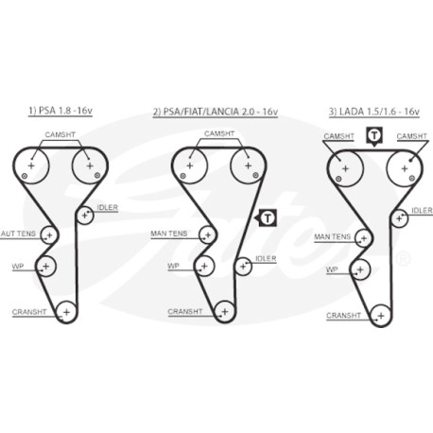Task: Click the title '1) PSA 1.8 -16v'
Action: click(x=61, y=111)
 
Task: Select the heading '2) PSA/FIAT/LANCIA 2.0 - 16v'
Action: click(x=216, y=112)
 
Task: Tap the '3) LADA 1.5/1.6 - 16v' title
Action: click(x=374, y=112)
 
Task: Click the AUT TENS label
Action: click(x=18, y=234)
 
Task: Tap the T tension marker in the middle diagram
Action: click(x=268, y=217)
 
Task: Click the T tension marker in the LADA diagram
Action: click(x=374, y=136)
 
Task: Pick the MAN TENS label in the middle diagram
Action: click(x=169, y=234)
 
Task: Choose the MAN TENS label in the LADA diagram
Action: click(x=333, y=236)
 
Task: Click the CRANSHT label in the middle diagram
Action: click(x=185, y=312)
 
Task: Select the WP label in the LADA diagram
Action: click(x=332, y=269)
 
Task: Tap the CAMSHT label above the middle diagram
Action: click(x=219, y=133)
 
